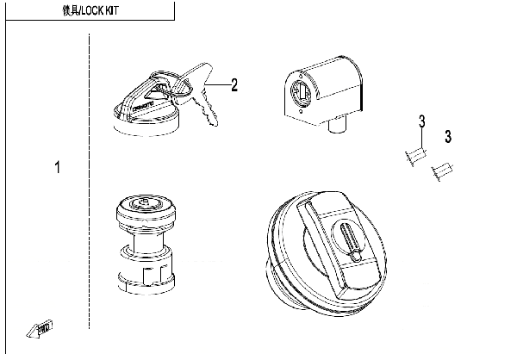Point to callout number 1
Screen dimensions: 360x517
pos(58,167)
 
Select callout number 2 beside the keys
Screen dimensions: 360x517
pos(234,84)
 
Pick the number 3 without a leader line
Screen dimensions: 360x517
pos(448,136)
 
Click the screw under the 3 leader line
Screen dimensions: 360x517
pos(413,156)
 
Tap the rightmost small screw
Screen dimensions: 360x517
pos(443,172)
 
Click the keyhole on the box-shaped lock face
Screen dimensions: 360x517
pos(301,95)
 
